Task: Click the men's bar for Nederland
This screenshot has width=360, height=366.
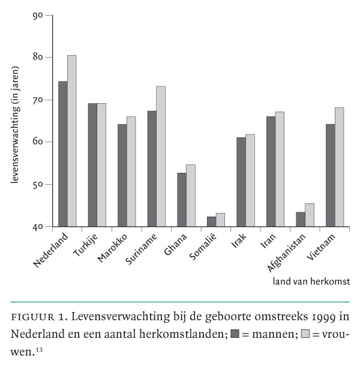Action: [62, 154]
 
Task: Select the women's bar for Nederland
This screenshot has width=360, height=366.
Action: [71, 141]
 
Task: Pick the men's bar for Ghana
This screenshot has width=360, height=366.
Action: [181, 200]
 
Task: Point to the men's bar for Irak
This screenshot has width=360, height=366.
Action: [241, 182]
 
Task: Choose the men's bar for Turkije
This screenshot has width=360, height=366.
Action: [92, 165]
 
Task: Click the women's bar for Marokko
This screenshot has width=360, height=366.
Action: [131, 172]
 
